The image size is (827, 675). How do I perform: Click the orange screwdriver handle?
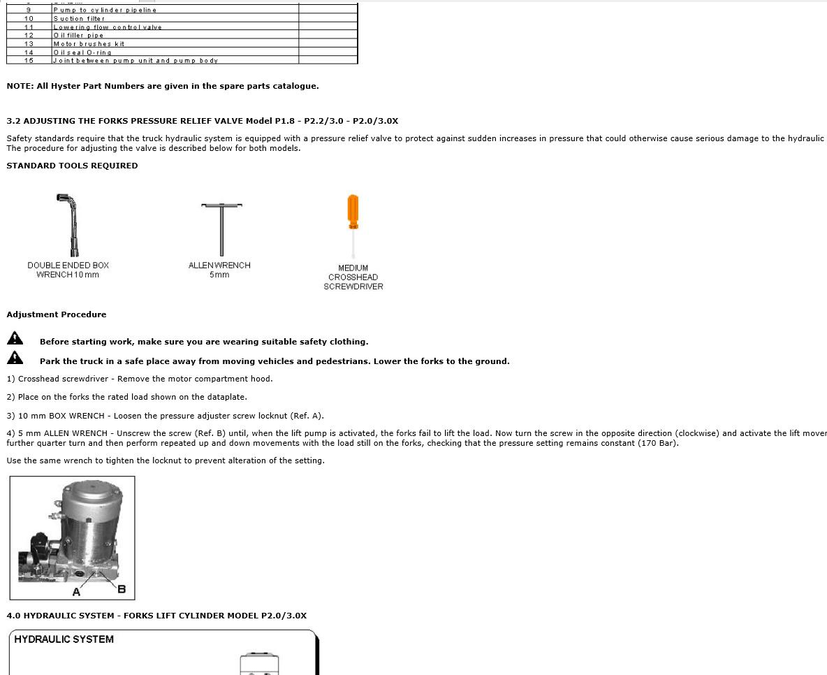(353, 211)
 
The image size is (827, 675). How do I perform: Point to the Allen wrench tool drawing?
(221, 228)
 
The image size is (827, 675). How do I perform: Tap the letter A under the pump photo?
(76, 592)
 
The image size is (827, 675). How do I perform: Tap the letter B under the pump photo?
(122, 589)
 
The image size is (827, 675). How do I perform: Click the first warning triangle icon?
(15, 339)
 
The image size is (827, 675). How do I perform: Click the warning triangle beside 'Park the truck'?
(15, 358)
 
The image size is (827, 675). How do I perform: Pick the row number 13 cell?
(29, 44)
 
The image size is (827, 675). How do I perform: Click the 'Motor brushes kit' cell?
(89, 44)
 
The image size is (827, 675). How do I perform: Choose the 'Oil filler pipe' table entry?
(78, 36)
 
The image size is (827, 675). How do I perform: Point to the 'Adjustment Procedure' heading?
(57, 314)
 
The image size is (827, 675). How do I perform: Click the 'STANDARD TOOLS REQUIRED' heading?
(72, 166)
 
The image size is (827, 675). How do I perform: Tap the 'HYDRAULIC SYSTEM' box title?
(64, 639)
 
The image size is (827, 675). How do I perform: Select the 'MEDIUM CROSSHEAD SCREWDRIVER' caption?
(353, 277)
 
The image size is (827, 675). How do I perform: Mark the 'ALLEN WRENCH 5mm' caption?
(219, 270)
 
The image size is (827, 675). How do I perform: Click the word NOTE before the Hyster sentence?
(19, 86)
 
